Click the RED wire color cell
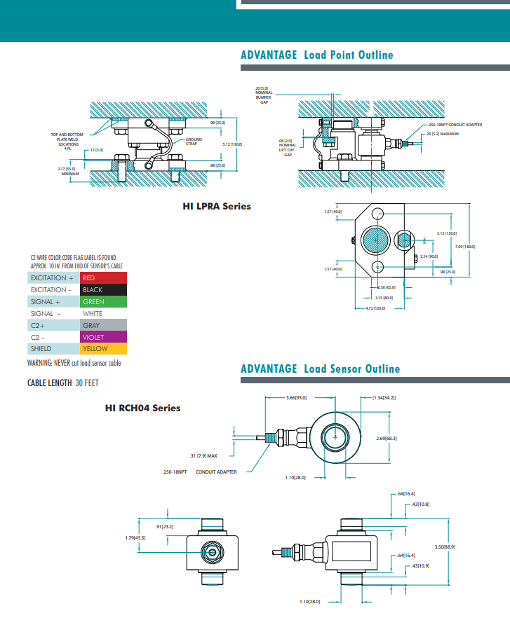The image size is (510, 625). pyautogui.click(x=103, y=278)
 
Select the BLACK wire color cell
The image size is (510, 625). pyautogui.click(x=103, y=290)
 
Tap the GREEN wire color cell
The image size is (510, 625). pyautogui.click(x=103, y=302)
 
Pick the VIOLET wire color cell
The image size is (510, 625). pyautogui.click(x=103, y=337)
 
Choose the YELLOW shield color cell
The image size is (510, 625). pyautogui.click(x=103, y=349)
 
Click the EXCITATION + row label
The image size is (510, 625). pyautogui.click(x=53, y=278)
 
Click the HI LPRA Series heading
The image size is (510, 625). pyautogui.click(x=217, y=206)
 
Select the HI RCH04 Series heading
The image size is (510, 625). pyautogui.click(x=142, y=408)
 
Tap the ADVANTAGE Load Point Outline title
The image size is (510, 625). pyautogui.click(x=316, y=55)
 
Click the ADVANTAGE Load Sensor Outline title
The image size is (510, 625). pyautogui.click(x=320, y=369)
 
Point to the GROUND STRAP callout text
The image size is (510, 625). pyautogui.click(x=194, y=142)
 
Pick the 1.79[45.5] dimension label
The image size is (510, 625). pyautogui.click(x=135, y=537)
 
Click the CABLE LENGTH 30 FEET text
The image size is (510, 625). pyautogui.click(x=62, y=383)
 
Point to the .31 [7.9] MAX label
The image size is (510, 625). pyautogui.click(x=203, y=455)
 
